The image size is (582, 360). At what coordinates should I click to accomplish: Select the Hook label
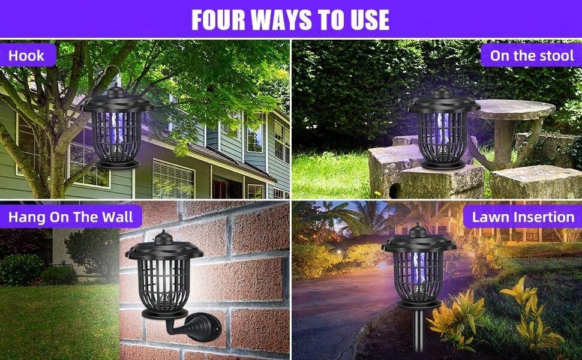[x=26, y=56]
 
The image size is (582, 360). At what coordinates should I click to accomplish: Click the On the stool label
[x=532, y=56]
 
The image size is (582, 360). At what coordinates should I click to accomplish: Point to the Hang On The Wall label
[x=71, y=217]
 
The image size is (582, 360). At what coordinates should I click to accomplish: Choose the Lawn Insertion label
[x=523, y=217]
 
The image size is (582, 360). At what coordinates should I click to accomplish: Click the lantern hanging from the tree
[x=118, y=129]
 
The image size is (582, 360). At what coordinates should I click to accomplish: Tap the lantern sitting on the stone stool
[x=443, y=129]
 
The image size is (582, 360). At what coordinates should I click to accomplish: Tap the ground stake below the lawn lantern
[x=418, y=336]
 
